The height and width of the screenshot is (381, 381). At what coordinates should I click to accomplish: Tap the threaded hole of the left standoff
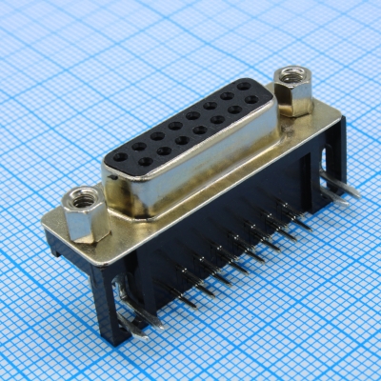tap(80, 200)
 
